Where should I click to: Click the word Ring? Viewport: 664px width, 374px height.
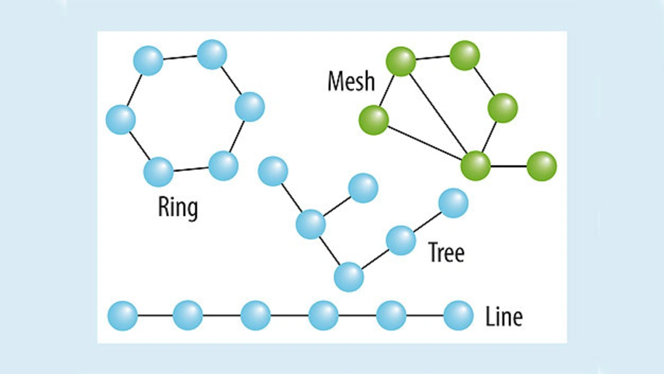[178, 207]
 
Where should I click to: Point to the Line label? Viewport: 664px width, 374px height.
[504, 316]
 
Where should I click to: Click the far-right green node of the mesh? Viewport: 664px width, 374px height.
[542, 166]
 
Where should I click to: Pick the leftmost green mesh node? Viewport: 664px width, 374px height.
[374, 120]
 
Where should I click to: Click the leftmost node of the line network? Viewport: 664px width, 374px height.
[122, 315]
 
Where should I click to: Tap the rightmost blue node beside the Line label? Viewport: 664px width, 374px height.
[459, 315]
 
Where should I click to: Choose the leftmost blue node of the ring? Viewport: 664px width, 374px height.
[120, 119]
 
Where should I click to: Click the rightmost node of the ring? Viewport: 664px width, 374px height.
[250, 107]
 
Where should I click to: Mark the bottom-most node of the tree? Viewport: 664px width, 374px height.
[349, 277]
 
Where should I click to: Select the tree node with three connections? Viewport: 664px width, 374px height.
[311, 225]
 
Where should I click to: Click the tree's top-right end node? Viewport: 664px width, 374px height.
[453, 203]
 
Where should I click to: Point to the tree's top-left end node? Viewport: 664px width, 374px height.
[273, 171]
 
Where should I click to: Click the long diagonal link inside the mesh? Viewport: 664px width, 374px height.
[438, 114]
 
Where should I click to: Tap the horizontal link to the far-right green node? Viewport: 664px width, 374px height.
[509, 166]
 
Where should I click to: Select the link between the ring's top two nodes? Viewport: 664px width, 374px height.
[180, 58]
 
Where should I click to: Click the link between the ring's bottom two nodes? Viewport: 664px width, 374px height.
[191, 169]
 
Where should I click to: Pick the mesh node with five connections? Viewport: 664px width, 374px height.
[476, 166]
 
